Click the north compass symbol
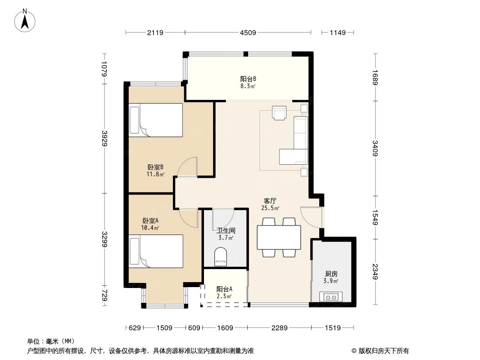point(26,20)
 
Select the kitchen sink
point(331,297)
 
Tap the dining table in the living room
point(279,237)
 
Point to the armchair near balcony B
point(279,113)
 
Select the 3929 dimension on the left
point(104,138)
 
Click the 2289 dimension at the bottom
point(279,328)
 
